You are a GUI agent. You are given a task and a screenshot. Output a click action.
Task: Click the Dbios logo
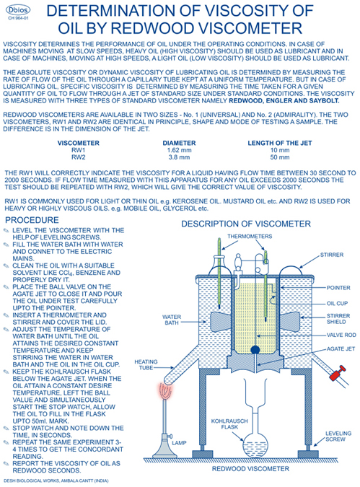click(18, 10)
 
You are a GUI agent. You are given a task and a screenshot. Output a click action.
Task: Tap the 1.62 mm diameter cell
click(179, 150)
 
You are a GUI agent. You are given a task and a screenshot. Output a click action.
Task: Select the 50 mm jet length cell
click(279, 157)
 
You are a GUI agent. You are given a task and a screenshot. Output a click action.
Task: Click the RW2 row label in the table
click(78, 157)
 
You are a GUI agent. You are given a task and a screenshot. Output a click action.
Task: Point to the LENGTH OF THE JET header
click(279, 143)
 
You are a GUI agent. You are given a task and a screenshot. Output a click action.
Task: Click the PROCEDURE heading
click(32, 220)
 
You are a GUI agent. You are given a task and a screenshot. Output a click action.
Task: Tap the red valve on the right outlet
click(338, 373)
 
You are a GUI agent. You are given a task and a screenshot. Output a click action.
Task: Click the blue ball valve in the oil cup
click(255, 350)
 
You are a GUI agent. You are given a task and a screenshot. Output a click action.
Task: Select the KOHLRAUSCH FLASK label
click(229, 424)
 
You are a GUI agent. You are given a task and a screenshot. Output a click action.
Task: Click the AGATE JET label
click(341, 348)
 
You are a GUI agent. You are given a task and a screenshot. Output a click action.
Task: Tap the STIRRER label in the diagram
click(332, 255)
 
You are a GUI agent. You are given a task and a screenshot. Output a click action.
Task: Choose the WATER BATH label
click(172, 320)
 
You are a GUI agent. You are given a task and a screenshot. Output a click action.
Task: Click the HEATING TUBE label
click(146, 364)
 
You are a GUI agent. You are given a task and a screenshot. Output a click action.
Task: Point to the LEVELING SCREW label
click(338, 436)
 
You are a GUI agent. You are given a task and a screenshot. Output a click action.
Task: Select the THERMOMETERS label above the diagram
click(250, 237)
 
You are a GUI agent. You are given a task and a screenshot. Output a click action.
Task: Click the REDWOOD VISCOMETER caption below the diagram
click(250, 469)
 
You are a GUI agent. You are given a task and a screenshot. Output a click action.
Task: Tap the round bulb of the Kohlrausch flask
click(255, 444)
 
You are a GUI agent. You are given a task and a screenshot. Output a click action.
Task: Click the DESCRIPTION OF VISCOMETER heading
click(246, 224)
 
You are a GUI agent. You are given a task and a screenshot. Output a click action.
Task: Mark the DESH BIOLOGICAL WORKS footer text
click(56, 481)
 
